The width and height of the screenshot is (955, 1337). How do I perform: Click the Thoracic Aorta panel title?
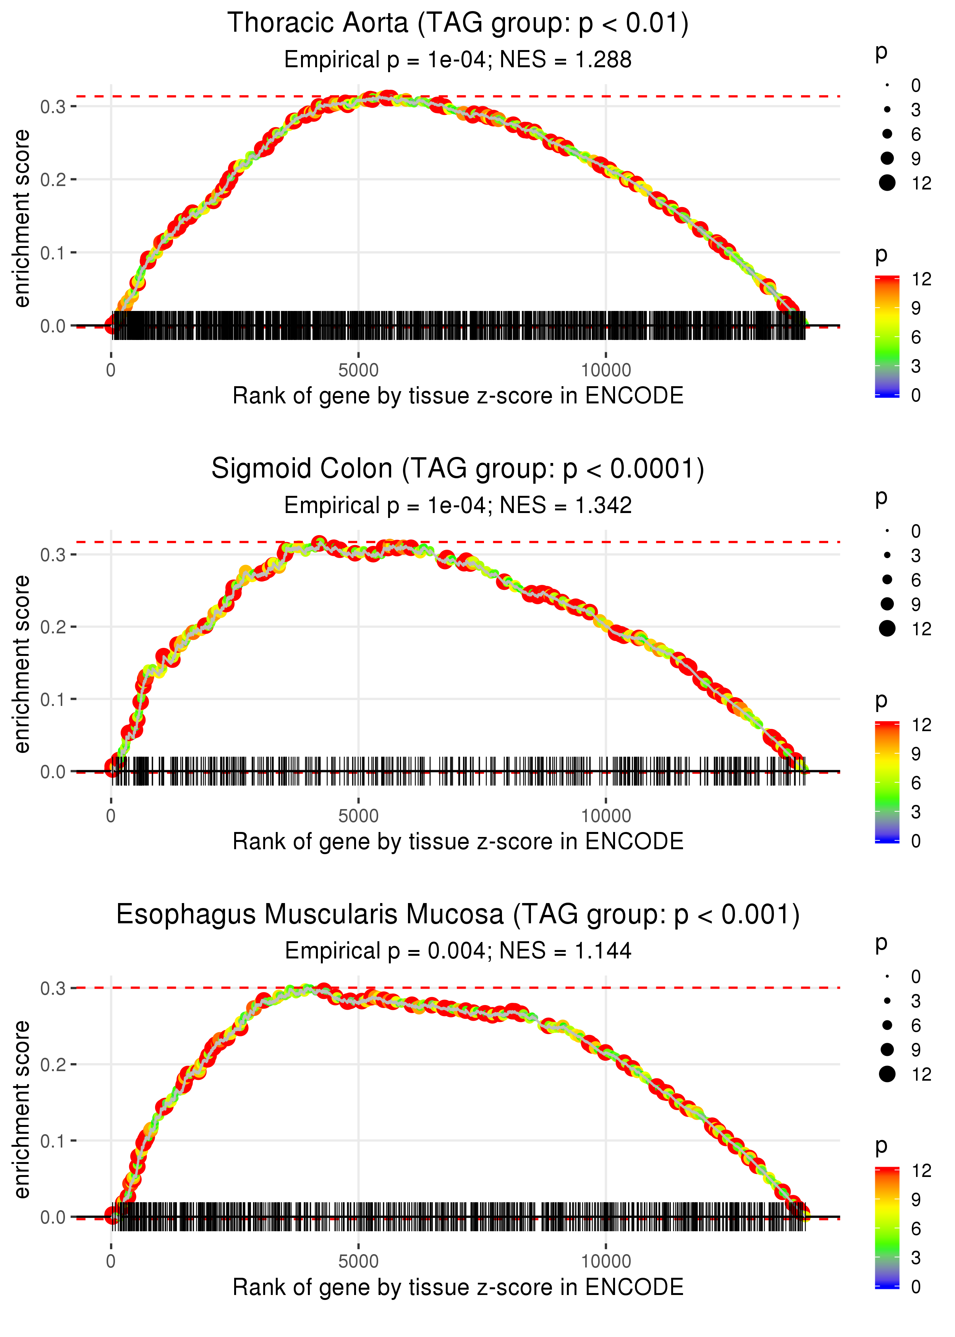click(458, 24)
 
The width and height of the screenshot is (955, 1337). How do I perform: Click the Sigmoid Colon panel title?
click(458, 469)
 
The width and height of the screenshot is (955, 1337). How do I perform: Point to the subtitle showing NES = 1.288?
click(458, 60)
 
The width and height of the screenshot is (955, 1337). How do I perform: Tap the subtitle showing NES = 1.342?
click(458, 506)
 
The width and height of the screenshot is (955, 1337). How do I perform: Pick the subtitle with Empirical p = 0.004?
click(458, 951)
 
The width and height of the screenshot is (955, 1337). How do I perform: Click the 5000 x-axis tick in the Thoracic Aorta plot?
click(358, 371)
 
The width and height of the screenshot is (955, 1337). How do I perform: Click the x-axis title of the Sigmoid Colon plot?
click(458, 842)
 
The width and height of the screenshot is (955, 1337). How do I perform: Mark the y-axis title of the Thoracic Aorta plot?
click(22, 219)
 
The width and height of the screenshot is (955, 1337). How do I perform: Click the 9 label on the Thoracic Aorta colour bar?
click(916, 308)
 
